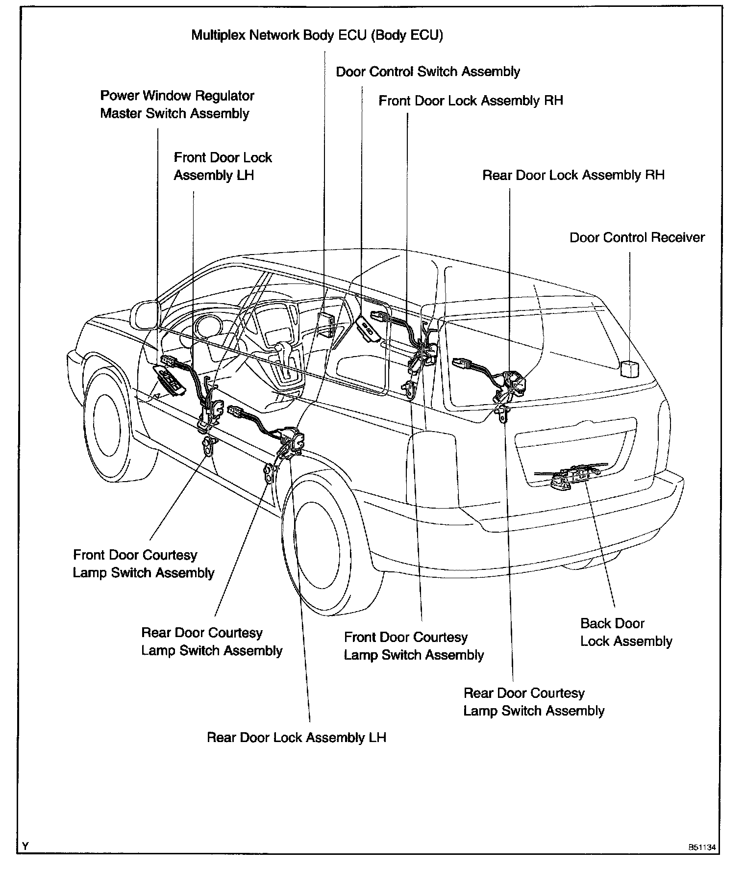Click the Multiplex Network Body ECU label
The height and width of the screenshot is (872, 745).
pos(317,36)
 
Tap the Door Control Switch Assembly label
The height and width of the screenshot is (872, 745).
pos(427,72)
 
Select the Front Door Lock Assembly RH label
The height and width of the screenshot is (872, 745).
pos(471,101)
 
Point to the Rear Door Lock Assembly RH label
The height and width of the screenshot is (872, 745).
pos(573,176)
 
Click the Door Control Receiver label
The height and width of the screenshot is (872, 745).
pos(637,238)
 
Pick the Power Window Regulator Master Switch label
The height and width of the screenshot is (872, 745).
pos(177,105)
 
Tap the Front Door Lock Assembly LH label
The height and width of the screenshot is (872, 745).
pos(223,167)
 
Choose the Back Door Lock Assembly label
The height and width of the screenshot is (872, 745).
pos(626,633)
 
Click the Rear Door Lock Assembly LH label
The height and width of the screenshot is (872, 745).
pos(297,738)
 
